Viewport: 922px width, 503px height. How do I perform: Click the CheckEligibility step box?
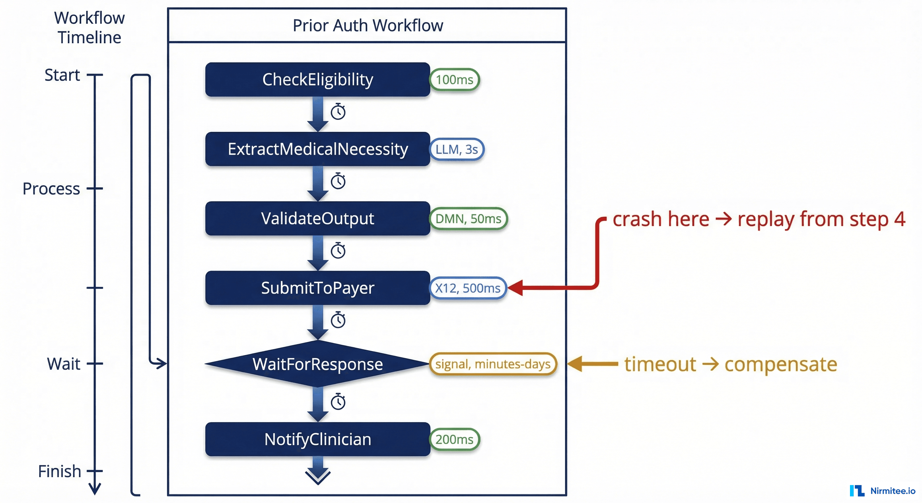318,80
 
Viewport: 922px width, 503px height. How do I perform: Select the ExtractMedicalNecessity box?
318,149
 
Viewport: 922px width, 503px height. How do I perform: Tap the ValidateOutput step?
318,218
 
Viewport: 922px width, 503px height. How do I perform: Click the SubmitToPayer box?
318,288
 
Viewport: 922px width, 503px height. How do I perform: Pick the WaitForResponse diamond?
318,364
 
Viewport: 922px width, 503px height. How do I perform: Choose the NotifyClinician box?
318,439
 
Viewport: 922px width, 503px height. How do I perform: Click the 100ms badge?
454,80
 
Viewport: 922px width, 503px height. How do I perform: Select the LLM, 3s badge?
456,149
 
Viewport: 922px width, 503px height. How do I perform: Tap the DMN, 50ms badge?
468,218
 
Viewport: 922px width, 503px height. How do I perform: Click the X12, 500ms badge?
468,288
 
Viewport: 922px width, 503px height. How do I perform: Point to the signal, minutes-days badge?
492,364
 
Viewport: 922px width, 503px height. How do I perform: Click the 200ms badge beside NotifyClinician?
454,439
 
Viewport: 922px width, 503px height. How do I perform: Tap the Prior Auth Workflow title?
368,26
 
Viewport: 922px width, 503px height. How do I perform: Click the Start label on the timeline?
62,75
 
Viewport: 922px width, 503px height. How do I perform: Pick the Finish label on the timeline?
59,471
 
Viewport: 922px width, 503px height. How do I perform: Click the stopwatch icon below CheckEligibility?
338,112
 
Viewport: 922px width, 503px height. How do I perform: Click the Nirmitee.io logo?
882,491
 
